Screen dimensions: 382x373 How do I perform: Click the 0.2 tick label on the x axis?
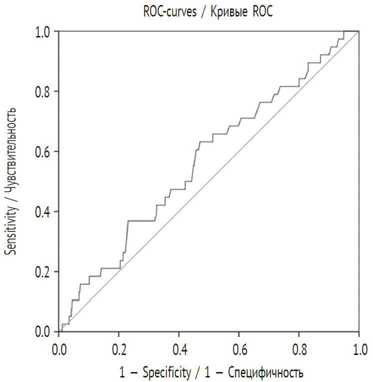(x=119, y=347)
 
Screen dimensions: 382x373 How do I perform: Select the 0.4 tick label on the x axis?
(x=179, y=347)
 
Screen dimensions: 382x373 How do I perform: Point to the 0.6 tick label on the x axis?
(x=239, y=347)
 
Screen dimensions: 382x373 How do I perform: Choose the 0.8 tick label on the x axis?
(x=299, y=347)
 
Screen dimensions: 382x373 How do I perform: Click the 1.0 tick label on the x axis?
(x=358, y=347)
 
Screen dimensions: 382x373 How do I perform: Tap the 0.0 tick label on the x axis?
(x=59, y=347)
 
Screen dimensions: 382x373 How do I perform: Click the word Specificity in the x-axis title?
(x=166, y=372)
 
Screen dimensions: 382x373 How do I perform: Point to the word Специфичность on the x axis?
(x=266, y=372)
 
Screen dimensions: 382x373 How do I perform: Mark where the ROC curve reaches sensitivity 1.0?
(x=344, y=32)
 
